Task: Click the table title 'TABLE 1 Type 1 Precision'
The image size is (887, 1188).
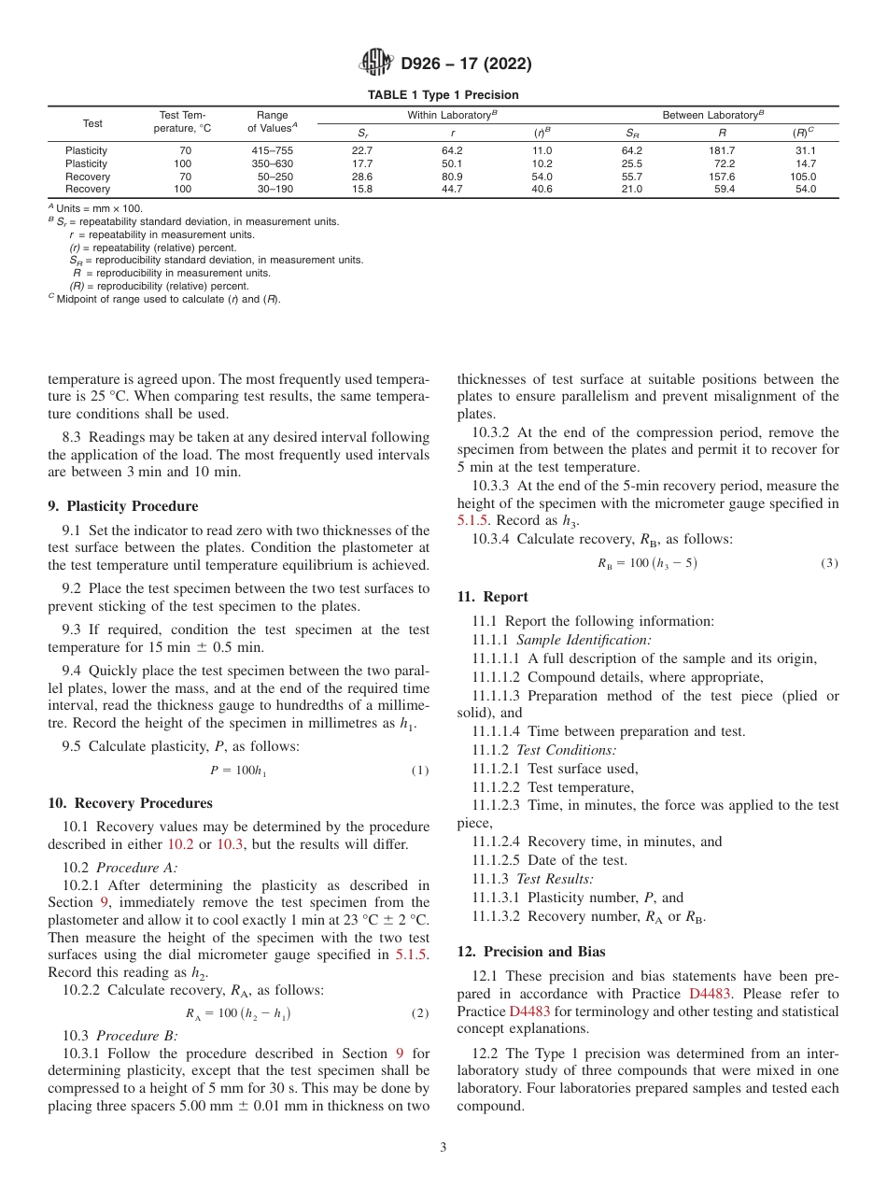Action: [x=443, y=95]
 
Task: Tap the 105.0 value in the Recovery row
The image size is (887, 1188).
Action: [x=803, y=177]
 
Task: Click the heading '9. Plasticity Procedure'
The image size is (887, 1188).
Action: [x=122, y=506]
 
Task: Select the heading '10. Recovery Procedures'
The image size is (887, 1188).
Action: [x=130, y=803]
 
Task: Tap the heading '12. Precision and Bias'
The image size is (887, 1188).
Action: [x=530, y=952]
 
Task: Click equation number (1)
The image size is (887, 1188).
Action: [x=420, y=771]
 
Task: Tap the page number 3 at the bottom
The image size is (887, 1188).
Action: [x=443, y=1148]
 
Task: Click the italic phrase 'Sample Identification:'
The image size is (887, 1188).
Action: [x=584, y=640]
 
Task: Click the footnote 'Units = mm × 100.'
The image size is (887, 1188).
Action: [x=99, y=208]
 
